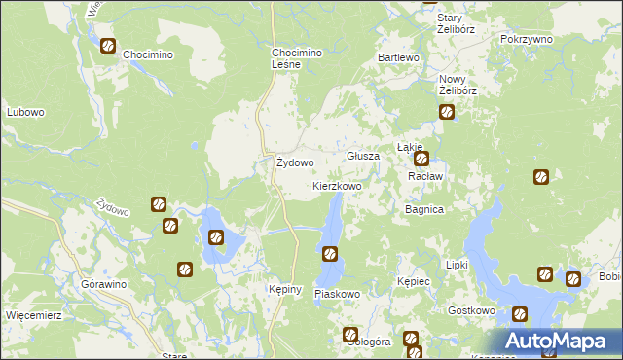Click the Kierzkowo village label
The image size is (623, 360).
tap(337, 185)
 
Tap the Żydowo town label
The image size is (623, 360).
tap(295, 162)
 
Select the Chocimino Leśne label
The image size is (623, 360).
tap(295, 57)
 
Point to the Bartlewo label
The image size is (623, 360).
tap(398, 58)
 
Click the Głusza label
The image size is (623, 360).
tap(363, 156)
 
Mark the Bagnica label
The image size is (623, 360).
tap(424, 209)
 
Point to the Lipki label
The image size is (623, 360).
tap(457, 265)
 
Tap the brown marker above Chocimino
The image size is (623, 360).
tap(108, 46)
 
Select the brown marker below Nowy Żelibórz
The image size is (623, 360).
tap(447, 112)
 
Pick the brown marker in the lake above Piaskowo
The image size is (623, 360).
tap(330, 254)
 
